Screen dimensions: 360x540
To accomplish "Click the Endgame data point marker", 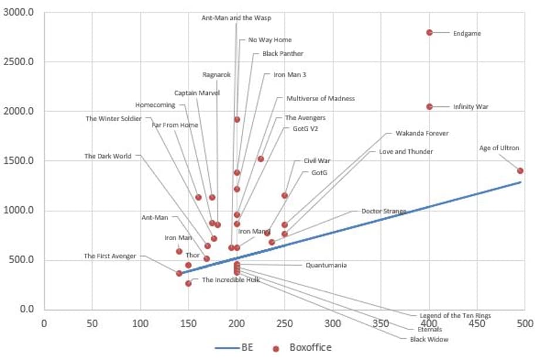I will click(430, 32).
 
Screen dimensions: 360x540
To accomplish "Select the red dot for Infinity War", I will click(430, 106).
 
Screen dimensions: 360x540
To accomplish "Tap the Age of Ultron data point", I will click(520, 170).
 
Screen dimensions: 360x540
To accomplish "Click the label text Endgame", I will click(467, 33).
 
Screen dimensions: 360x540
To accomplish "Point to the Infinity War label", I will click(470, 107).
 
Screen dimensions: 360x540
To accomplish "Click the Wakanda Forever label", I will click(421, 133).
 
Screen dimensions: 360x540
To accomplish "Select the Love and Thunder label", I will click(406, 152).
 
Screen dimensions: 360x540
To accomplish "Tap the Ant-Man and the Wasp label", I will click(236, 18).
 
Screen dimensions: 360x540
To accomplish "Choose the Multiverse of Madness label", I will click(320, 98).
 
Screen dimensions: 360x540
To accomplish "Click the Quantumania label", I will click(326, 265).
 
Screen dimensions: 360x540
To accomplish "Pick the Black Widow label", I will click(429, 339).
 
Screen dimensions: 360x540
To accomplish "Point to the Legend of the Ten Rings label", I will click(455, 315).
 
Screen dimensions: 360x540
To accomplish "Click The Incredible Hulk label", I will click(231, 280).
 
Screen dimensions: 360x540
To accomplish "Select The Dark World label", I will click(107, 156).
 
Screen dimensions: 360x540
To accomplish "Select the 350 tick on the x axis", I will click(381, 323).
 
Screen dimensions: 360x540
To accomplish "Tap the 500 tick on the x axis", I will click(524, 323).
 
